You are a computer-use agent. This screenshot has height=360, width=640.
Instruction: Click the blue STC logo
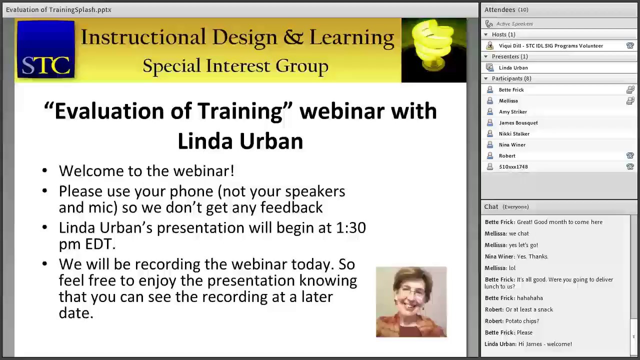pos(45,50)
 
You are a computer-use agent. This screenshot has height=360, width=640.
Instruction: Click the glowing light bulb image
pos(433,50)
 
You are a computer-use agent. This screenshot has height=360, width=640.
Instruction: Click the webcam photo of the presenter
pos(411,302)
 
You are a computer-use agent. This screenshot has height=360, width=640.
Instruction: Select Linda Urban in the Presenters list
pos(513,67)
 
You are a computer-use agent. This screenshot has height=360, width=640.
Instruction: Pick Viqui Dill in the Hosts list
pos(550,45)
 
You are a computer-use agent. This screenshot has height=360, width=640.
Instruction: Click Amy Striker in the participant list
pos(512,111)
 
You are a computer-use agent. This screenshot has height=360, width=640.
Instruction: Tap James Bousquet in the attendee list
pos(518,122)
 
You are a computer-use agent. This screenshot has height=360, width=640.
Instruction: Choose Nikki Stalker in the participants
pos(514,133)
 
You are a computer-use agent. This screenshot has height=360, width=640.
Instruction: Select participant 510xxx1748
pos(513,166)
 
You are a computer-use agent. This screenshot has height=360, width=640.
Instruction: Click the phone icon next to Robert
pos(630,155)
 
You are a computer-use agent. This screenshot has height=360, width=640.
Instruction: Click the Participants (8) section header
pos(511,78)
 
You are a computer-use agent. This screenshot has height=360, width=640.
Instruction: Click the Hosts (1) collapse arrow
pos(485,34)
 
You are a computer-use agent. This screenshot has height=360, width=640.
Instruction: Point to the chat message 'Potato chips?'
pos(522,321)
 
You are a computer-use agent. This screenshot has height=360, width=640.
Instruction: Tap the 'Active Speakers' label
pos(514,23)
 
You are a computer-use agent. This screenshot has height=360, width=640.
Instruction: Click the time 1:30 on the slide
pos(350,228)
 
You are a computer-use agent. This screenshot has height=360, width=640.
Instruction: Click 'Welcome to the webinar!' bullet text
pos(146,171)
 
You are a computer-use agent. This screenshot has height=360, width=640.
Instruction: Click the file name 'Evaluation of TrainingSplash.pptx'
pos(58,9)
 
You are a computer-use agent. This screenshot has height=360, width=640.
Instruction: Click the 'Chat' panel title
pos(491,206)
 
